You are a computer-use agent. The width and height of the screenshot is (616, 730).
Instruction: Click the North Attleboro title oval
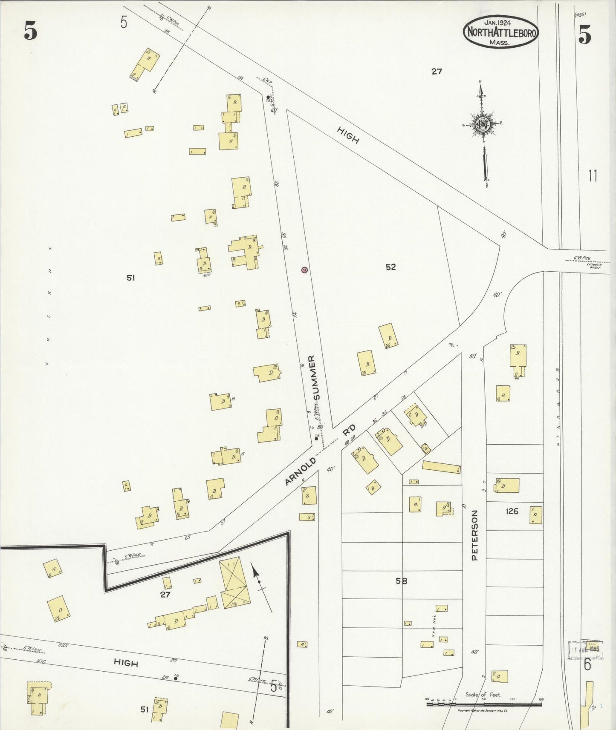click(x=501, y=32)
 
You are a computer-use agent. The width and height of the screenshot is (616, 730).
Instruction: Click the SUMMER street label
click(x=315, y=378)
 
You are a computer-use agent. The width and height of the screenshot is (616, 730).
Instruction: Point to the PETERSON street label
click(x=474, y=535)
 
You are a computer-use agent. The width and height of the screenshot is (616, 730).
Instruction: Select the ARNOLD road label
click(x=301, y=471)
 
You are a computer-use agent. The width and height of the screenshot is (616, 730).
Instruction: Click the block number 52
click(x=390, y=267)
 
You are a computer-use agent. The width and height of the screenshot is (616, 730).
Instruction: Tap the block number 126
click(x=512, y=511)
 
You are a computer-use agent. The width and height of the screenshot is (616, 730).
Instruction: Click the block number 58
click(x=401, y=581)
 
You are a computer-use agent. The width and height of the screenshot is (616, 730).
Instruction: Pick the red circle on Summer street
click(x=304, y=270)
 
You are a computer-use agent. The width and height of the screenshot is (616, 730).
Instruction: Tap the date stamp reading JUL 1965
click(x=586, y=650)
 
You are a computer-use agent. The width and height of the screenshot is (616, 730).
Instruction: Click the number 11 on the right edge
click(x=593, y=175)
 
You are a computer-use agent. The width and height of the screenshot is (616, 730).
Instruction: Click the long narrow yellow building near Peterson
click(x=441, y=467)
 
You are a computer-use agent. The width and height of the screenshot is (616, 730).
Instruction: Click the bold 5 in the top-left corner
click(x=30, y=31)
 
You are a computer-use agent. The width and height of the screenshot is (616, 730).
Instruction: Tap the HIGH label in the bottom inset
click(x=126, y=663)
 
